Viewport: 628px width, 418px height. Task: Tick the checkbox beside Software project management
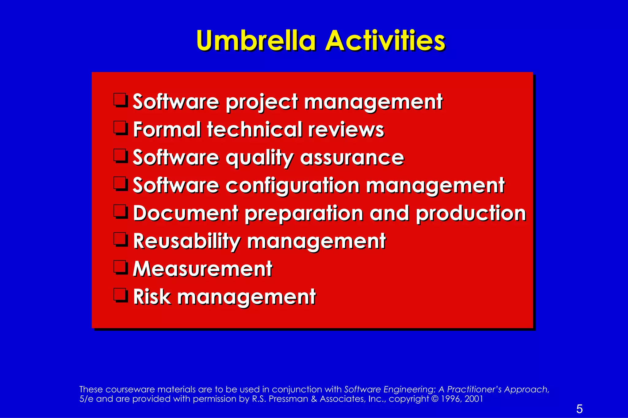pyautogui.click(x=120, y=100)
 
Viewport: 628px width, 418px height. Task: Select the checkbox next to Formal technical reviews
pyautogui.click(x=120, y=128)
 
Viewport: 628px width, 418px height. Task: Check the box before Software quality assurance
pyautogui.click(x=120, y=156)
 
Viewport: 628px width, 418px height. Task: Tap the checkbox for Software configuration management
pyautogui.click(x=120, y=184)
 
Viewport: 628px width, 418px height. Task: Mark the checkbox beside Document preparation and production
pyautogui.click(x=120, y=212)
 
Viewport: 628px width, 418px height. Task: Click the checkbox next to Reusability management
pyautogui.click(x=120, y=239)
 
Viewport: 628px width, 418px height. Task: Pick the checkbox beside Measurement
pyautogui.click(x=120, y=267)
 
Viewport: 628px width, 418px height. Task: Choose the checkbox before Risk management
pyautogui.click(x=120, y=295)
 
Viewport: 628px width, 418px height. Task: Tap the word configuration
pyautogui.click(x=292, y=186)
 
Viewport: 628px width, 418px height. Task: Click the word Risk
pyautogui.click(x=152, y=297)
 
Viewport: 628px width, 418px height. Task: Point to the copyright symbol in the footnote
pyautogui.click(x=435, y=399)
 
